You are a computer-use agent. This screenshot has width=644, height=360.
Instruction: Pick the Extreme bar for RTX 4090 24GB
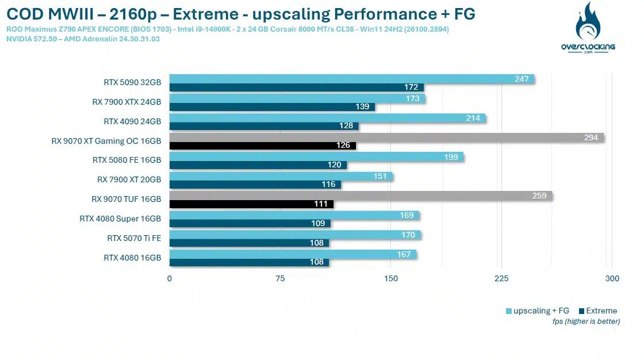[264, 126]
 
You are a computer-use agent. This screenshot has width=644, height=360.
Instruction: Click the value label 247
[522, 79]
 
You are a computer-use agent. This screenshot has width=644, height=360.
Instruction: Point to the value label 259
[539, 196]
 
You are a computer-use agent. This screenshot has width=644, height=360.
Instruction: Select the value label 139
[362, 107]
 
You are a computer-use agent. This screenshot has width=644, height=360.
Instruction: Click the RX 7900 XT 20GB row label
[129, 179]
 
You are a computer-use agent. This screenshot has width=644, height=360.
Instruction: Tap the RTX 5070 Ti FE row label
[134, 238]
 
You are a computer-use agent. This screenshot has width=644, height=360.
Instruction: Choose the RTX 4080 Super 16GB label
[120, 219]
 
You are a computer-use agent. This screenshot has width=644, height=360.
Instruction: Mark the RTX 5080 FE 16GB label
[126, 160]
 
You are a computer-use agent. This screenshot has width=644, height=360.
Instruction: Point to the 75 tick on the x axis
[280, 279]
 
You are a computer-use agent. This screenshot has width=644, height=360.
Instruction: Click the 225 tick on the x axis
[501, 279]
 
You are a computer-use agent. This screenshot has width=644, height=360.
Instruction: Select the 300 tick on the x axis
[612, 279]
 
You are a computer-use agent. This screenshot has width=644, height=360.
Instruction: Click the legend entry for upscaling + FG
[538, 311]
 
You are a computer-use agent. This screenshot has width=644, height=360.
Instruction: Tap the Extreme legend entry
[597, 311]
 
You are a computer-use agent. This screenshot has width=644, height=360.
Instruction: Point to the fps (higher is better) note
[586, 321]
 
